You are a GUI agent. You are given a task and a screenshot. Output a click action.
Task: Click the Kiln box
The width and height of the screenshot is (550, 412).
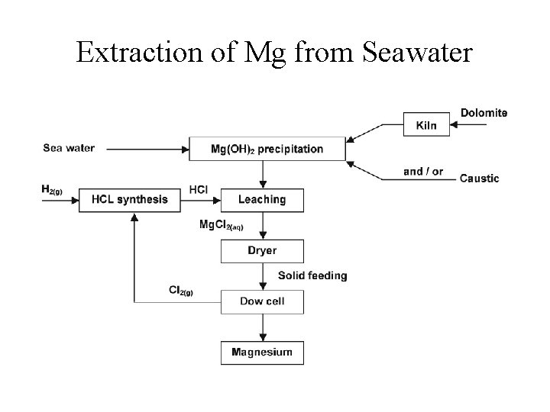(x=426, y=124)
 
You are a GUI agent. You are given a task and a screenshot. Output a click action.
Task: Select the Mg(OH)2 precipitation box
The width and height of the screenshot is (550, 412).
(x=267, y=149)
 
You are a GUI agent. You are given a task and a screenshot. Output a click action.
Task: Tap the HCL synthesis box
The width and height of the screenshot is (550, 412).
(x=129, y=200)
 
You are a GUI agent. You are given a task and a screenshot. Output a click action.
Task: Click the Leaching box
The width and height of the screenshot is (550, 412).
(x=262, y=200)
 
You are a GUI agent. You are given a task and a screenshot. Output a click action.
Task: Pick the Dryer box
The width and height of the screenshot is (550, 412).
(x=262, y=250)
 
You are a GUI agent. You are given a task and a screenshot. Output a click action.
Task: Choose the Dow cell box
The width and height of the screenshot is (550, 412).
(x=262, y=301)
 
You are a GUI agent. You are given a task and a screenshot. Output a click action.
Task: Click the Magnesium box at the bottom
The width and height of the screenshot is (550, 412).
(x=262, y=352)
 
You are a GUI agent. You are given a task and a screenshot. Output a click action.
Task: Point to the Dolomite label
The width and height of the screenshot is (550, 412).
(x=484, y=113)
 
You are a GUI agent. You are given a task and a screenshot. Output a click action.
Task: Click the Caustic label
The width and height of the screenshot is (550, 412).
(x=479, y=179)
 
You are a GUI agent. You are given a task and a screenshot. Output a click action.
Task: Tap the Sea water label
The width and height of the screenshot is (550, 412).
(x=69, y=148)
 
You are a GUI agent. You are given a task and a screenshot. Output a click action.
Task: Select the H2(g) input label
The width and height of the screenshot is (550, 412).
(x=53, y=188)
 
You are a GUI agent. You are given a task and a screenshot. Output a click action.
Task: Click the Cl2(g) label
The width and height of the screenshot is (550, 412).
(x=180, y=290)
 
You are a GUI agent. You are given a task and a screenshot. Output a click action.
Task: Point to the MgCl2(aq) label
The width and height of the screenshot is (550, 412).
(x=221, y=225)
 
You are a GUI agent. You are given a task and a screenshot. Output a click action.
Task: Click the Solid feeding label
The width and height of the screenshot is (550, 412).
(x=312, y=275)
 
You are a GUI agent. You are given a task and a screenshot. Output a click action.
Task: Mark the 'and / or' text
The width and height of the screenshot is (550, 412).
(x=423, y=171)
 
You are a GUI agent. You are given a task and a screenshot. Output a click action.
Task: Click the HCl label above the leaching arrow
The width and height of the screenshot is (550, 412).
(x=199, y=188)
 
